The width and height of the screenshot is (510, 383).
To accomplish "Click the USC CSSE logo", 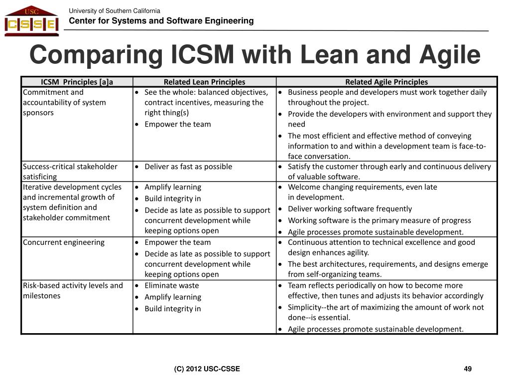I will click(31, 21).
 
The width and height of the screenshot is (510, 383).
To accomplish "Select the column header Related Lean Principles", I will click(204, 82).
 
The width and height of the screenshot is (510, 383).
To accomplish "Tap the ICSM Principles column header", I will click(77, 82).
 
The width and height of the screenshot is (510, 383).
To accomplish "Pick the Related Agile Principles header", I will click(386, 82).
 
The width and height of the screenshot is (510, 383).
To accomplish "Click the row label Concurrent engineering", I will click(64, 242).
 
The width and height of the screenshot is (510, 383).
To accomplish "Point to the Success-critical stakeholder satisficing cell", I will click(70, 172).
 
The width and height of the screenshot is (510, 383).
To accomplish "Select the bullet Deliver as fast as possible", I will click(188, 167).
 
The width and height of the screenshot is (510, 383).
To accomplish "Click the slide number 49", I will click(467, 369).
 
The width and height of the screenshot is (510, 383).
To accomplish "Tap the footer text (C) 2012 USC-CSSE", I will click(207, 369).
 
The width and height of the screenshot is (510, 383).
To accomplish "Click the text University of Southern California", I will click(115, 11).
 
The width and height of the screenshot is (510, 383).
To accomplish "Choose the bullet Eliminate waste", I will click(171, 286).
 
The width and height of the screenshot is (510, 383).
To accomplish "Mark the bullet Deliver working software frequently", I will click(350, 209).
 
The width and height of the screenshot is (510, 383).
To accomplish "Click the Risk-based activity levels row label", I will click(73, 291).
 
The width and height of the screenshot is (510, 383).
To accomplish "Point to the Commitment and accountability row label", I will click(64, 102).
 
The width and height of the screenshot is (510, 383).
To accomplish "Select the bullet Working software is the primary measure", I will click(379, 220).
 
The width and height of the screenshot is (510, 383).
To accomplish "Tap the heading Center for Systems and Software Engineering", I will click(161, 21).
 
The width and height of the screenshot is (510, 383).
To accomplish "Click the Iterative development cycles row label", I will click(72, 202).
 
